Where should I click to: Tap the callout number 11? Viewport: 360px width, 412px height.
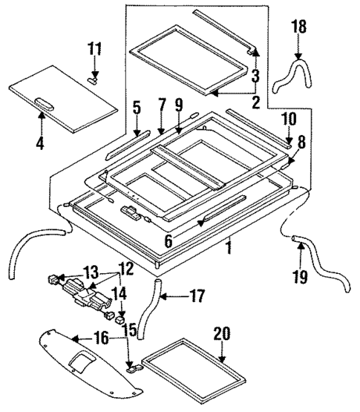pyautogui.click(x=94, y=50)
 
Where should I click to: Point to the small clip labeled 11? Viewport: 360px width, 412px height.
pyautogui.click(x=94, y=74)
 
